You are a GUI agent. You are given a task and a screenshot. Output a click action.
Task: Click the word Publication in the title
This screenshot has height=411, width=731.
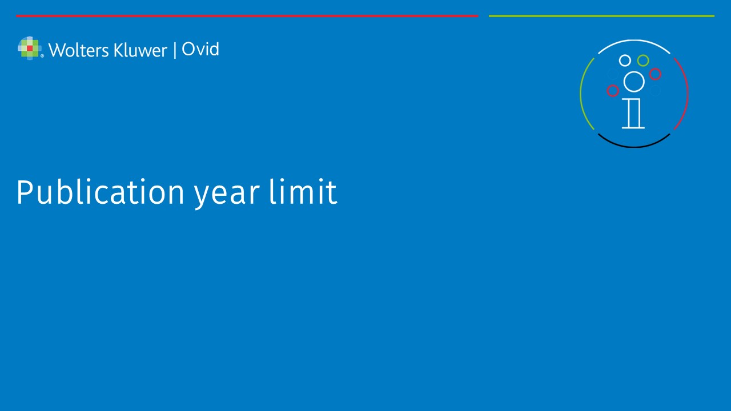pos(101,192)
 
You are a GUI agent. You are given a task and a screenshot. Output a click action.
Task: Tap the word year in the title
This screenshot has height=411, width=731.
pos(227,195)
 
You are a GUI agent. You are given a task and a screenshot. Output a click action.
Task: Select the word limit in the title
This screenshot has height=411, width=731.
pos(303,192)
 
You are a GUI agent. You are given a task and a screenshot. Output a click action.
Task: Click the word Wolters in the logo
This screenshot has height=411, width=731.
pos(79,50)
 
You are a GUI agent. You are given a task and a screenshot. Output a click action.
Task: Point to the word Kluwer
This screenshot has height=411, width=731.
pos(140,50)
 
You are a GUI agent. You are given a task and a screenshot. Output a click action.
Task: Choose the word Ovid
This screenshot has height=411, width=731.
pos(200,49)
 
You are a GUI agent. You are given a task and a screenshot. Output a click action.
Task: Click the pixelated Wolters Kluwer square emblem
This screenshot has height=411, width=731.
pos(30,49)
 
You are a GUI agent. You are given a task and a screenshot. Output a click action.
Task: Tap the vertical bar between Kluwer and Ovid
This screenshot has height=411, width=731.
pos(175,51)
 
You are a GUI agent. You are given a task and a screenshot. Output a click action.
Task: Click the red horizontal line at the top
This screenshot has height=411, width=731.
pos(247,15)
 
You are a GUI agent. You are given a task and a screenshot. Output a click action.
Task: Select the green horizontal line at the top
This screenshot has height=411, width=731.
pos(601,15)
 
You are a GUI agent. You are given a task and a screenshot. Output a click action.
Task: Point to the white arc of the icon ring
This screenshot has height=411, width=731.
pos(634,41)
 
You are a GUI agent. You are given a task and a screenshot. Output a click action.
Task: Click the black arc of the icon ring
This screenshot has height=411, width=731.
pos(634,147)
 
